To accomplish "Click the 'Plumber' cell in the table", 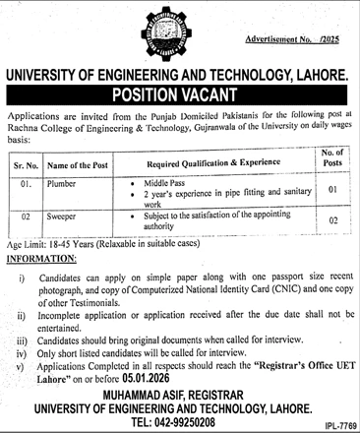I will [x=67, y=182].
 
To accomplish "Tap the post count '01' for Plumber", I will [x=331, y=188].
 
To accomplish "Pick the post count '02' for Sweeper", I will [x=331, y=223].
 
